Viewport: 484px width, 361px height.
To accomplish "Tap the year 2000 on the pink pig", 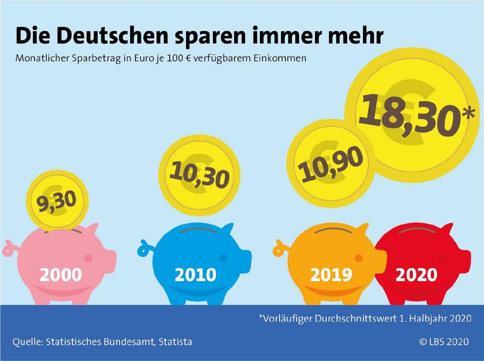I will point(60,275).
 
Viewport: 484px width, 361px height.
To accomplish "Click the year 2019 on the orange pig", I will point(331,275).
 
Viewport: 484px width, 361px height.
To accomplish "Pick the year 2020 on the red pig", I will point(416,275).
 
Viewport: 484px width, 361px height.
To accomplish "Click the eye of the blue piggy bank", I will point(223,258).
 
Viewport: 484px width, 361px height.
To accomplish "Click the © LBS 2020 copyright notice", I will point(444,342).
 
